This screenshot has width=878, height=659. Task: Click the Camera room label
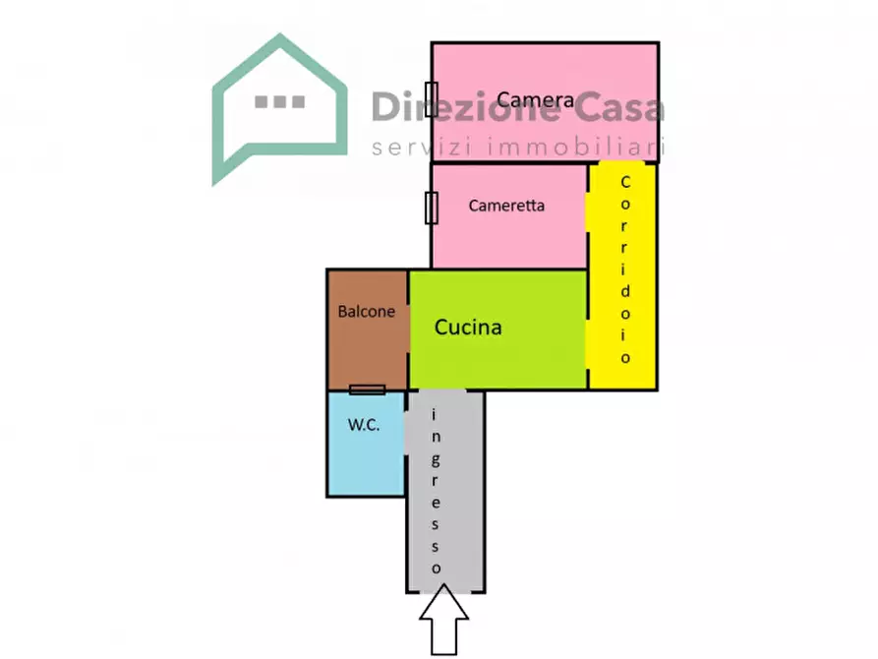[535, 99]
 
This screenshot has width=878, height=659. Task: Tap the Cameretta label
[506, 206]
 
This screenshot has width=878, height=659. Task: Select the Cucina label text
[468, 328]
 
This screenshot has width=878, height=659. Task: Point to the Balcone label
[366, 311]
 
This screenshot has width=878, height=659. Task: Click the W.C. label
[364, 425]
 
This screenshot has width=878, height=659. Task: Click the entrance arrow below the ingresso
[444, 620]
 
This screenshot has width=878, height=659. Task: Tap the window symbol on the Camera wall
[432, 99]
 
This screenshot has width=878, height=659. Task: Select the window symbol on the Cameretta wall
[432, 208]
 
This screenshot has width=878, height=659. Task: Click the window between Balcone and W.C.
[368, 389]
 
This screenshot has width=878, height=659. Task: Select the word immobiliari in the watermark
[575, 147]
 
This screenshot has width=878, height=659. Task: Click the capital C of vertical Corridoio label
[625, 182]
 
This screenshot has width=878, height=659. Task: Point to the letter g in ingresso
[436, 460]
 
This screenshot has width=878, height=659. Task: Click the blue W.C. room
[366, 444]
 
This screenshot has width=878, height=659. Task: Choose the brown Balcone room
[368, 329]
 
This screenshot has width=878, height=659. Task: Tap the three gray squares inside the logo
[279, 101]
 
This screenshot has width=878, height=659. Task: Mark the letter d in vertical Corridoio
[625, 290]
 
